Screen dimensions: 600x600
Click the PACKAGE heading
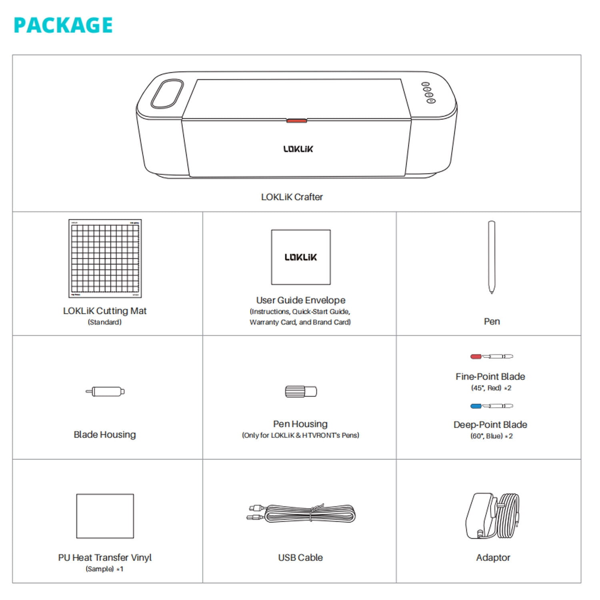[63, 25]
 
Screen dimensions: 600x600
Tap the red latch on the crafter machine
[296, 120]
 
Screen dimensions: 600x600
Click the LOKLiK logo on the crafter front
[298, 149]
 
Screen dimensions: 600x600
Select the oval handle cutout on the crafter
[167, 94]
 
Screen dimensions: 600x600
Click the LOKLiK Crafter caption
[292, 197]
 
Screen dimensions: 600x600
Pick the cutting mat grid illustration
[105, 258]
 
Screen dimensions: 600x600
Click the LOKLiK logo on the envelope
[300, 257]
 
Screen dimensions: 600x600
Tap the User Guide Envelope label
[300, 300]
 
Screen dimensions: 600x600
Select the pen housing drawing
[301, 391]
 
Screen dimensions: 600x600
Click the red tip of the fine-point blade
[476, 356]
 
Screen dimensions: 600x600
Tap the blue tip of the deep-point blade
[476, 406]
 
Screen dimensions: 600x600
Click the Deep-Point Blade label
[490, 424]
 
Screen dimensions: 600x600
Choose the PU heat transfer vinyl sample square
[105, 516]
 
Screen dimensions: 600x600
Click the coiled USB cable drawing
[304, 514]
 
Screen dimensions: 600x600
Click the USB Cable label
[300, 557]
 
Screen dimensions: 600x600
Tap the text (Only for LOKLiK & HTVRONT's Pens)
[300, 435]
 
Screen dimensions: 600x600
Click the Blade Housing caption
[105, 434]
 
